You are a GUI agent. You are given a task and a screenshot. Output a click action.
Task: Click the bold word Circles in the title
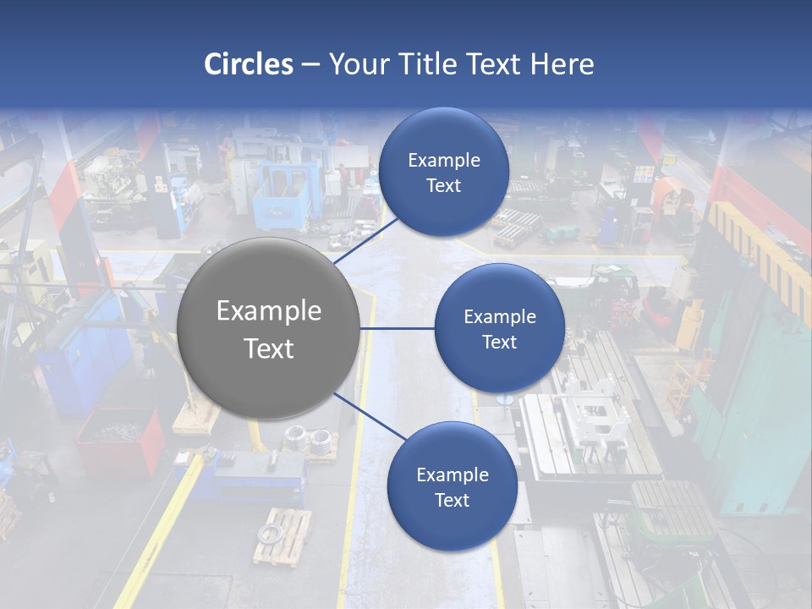(x=248, y=64)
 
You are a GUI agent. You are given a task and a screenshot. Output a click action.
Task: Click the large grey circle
(x=269, y=328)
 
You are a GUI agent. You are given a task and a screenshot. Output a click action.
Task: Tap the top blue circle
(x=443, y=172)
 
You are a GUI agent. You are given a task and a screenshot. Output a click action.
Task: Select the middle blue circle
(x=499, y=328)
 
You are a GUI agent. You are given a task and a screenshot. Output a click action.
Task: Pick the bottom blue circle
(x=452, y=486)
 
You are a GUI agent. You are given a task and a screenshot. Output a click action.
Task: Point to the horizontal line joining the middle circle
(x=397, y=328)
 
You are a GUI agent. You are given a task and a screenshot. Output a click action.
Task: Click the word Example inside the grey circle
(x=269, y=310)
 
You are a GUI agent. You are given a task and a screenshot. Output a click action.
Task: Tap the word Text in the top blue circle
(x=443, y=186)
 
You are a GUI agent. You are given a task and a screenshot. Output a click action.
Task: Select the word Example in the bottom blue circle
(x=452, y=475)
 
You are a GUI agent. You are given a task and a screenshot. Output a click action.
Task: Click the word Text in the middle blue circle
(x=499, y=342)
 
